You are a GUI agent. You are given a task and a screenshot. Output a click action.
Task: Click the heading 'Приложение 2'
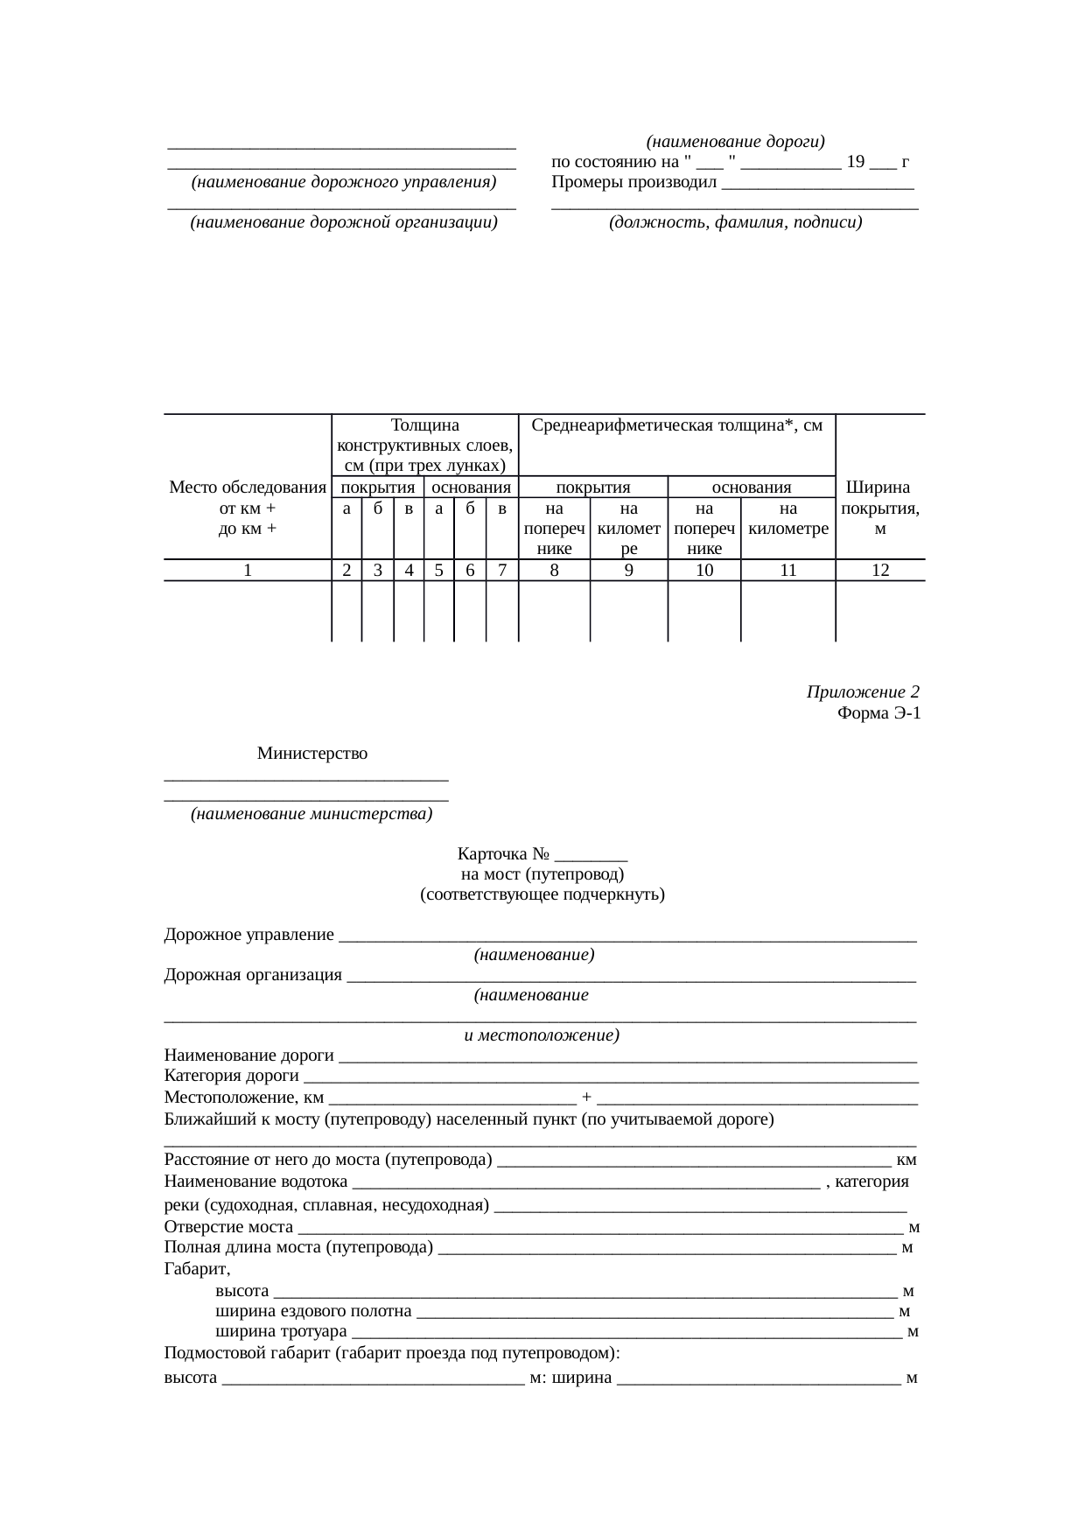(862, 692)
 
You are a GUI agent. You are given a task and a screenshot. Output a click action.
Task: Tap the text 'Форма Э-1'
(878, 713)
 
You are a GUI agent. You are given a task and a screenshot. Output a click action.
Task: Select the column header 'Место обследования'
(248, 487)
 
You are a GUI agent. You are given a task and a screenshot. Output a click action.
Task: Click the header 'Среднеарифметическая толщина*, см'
(677, 425)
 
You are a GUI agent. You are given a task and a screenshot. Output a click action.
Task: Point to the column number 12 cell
(880, 570)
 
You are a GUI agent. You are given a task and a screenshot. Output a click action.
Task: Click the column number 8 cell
(555, 570)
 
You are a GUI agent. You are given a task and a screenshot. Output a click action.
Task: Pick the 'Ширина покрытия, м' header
(880, 508)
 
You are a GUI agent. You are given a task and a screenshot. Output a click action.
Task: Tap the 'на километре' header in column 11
(788, 519)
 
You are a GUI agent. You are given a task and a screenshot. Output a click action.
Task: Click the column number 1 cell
(248, 570)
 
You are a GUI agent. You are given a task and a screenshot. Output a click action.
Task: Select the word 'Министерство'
(312, 754)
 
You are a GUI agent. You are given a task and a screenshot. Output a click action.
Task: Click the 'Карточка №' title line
(542, 854)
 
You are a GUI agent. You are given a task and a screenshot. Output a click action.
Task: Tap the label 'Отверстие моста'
(228, 1227)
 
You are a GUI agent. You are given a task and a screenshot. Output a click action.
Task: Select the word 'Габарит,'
(197, 1269)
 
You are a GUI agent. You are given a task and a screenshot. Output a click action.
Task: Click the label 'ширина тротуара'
(281, 1332)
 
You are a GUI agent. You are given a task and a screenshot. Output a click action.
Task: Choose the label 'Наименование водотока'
(255, 1182)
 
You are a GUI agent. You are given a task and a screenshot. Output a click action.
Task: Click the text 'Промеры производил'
(634, 183)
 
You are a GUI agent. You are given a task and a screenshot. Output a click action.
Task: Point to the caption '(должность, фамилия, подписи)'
(736, 222)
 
